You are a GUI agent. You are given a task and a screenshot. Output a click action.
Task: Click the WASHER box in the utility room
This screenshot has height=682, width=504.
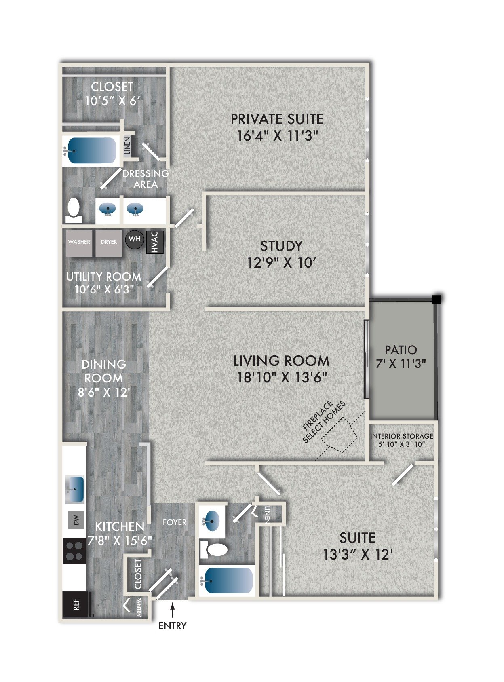[79, 243]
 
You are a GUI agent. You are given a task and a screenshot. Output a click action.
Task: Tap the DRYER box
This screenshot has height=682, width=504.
[109, 243]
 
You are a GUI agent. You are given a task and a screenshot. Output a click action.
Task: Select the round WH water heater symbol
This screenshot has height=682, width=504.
[135, 239]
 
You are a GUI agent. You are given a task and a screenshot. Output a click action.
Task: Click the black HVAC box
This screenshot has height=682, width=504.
[154, 242]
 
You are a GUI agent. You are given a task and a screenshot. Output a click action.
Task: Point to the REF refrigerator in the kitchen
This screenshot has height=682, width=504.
[76, 604]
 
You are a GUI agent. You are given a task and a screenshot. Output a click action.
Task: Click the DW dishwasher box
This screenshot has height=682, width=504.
[76, 520]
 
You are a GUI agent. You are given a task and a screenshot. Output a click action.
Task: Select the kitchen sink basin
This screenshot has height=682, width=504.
[75, 489]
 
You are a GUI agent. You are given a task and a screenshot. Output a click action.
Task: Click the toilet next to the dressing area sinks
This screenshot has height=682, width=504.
[74, 210]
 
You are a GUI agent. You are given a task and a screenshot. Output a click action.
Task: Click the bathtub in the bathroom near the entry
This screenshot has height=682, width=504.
[228, 581]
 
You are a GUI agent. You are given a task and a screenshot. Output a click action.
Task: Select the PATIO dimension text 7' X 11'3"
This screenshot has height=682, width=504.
[401, 364]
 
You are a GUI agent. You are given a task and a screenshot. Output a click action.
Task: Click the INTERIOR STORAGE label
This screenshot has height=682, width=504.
[401, 436]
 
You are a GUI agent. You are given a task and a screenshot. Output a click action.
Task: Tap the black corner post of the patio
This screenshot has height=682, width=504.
[436, 300]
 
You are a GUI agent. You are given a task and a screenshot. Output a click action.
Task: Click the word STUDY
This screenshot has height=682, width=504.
[281, 246]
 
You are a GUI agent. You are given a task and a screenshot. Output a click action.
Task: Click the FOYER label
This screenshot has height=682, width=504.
[175, 522]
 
